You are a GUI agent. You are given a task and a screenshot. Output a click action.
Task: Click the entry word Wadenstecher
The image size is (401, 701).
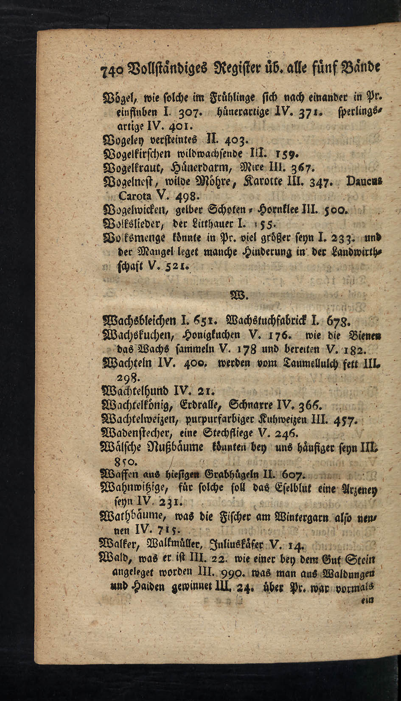pyautogui.click(x=138, y=433)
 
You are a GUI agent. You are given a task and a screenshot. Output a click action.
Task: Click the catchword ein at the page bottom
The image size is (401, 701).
pyautogui.click(x=366, y=600)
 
